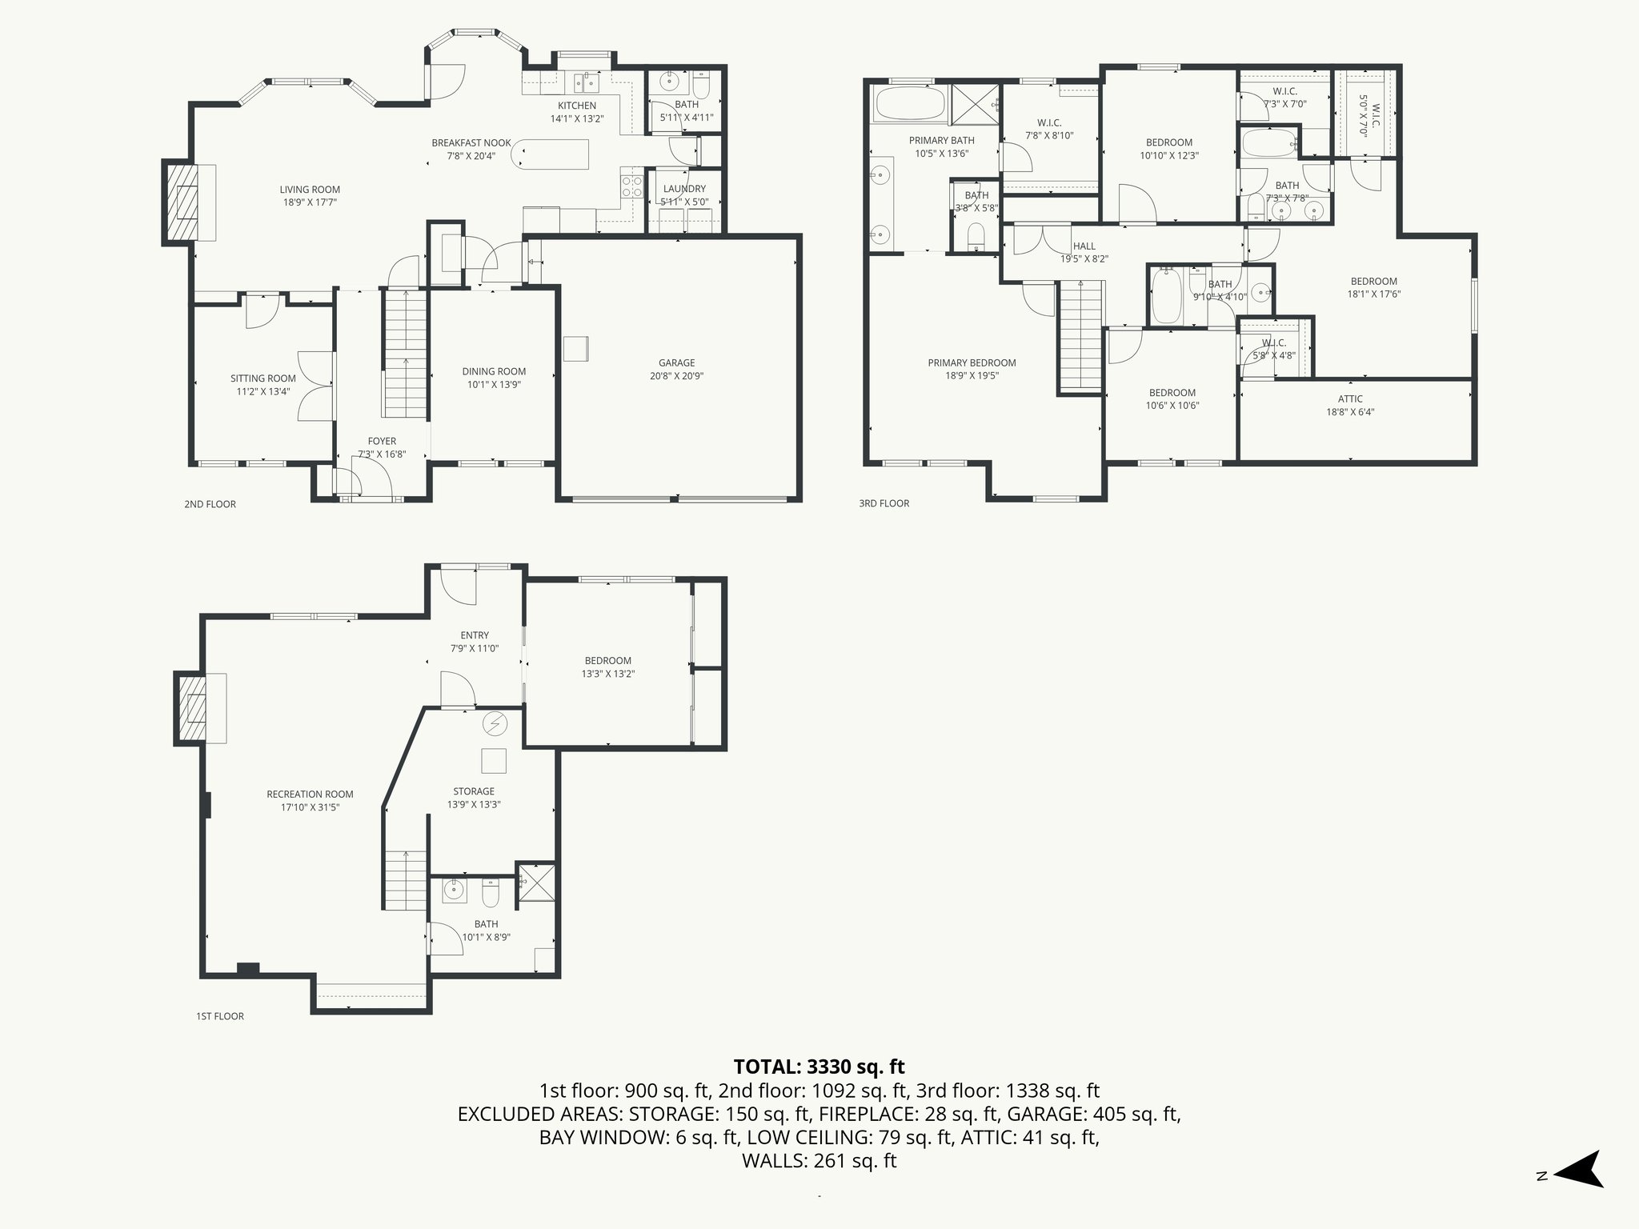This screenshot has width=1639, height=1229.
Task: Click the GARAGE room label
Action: (x=676, y=362)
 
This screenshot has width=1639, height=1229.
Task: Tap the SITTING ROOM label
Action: (x=262, y=378)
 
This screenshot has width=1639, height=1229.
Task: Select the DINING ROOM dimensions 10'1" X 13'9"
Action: (x=494, y=384)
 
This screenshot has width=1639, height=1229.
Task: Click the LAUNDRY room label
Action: (x=684, y=189)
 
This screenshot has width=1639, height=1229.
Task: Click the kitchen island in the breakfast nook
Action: (x=553, y=154)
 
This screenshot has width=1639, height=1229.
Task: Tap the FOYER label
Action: (x=382, y=441)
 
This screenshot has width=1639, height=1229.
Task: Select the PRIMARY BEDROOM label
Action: (x=972, y=362)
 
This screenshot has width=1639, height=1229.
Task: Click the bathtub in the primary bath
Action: (x=908, y=104)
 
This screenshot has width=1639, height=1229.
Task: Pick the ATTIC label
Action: (x=1350, y=398)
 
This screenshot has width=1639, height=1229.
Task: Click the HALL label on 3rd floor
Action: (x=1084, y=246)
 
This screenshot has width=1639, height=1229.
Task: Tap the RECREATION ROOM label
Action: (x=310, y=795)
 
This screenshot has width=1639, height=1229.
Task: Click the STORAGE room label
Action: (x=473, y=791)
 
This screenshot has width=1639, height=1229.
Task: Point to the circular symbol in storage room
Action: (x=495, y=723)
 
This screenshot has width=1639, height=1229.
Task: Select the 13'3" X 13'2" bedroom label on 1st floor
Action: (x=608, y=674)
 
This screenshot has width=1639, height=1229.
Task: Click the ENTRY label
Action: (x=475, y=635)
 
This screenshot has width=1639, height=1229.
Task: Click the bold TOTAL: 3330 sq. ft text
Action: (x=819, y=1067)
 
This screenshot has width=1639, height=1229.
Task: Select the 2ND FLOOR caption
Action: (x=210, y=504)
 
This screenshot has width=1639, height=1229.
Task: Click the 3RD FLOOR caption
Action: (x=884, y=503)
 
